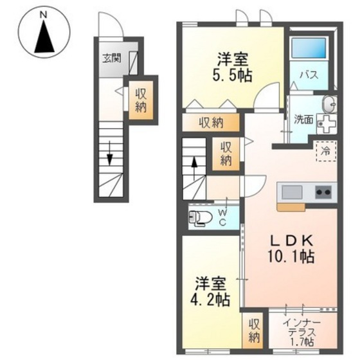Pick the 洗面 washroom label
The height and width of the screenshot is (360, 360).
click(303, 119)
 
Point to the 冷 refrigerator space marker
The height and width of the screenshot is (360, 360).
click(325, 151)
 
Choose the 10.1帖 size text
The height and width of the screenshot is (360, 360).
click(290, 257)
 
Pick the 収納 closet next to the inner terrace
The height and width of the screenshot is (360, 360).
click(254, 330)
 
